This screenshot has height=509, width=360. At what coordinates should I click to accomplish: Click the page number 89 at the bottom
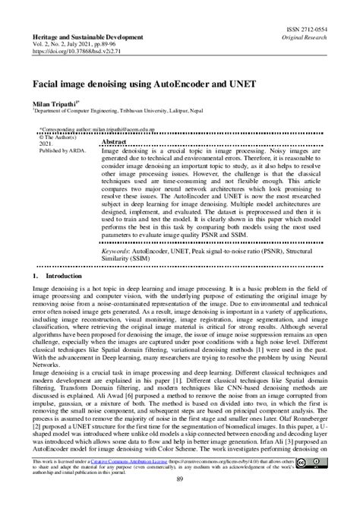[179, 501]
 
